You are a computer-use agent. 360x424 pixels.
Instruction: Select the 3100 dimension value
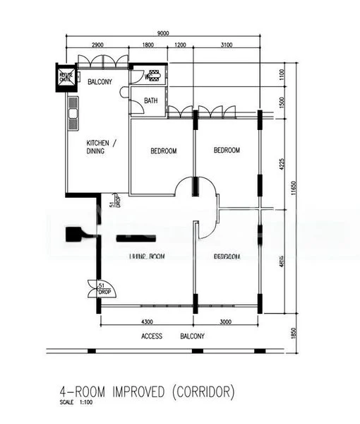226,45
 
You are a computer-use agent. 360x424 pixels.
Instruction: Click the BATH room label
151,101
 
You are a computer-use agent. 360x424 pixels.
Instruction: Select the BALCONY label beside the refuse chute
100,82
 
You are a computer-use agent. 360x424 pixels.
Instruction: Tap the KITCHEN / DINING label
102,146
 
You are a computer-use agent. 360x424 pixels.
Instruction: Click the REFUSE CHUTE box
65,76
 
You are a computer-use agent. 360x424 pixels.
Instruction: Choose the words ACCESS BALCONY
172,336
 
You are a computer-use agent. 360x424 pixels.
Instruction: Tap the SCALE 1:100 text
76,404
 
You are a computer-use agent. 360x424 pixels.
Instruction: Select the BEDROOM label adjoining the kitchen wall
164,151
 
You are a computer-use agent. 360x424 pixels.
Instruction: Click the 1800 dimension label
148,45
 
